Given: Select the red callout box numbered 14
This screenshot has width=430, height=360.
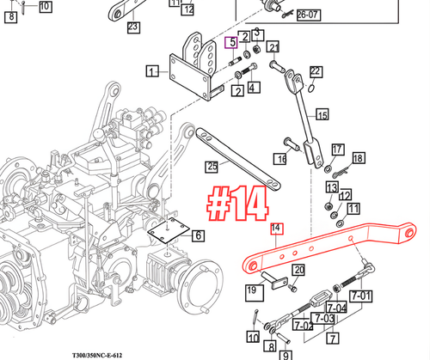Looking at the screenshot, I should [x=276, y=228].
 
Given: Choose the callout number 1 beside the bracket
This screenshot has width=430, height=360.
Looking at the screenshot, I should [x=152, y=72].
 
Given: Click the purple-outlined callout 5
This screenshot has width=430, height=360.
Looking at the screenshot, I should [x=230, y=42].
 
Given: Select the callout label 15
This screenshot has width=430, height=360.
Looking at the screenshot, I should [x=322, y=114].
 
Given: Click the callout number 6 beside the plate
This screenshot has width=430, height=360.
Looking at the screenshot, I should [x=198, y=235].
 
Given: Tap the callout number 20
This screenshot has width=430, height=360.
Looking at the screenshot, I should [x=298, y=272].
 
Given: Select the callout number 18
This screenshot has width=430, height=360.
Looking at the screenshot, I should [x=358, y=158].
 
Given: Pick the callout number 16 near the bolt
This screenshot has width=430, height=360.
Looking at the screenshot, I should [x=280, y=160].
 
